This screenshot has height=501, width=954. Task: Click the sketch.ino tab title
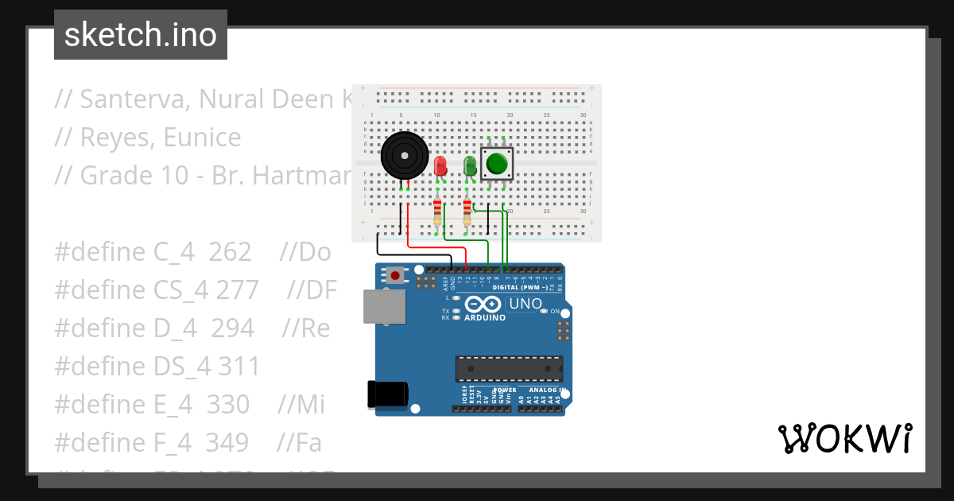141,35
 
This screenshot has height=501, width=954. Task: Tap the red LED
440,165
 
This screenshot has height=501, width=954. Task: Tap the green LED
470,165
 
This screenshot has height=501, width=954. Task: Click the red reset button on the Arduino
395,276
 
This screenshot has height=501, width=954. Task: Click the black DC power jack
388,394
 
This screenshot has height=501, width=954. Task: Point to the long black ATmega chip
509,369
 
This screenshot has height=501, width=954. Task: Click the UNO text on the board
525,304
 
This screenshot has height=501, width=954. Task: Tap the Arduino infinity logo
483,305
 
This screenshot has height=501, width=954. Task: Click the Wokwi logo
844,438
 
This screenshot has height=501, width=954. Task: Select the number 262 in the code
230,252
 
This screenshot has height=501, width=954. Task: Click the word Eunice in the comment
202,138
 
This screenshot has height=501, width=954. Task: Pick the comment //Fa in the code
300,441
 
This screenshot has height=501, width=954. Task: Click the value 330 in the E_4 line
228,404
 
